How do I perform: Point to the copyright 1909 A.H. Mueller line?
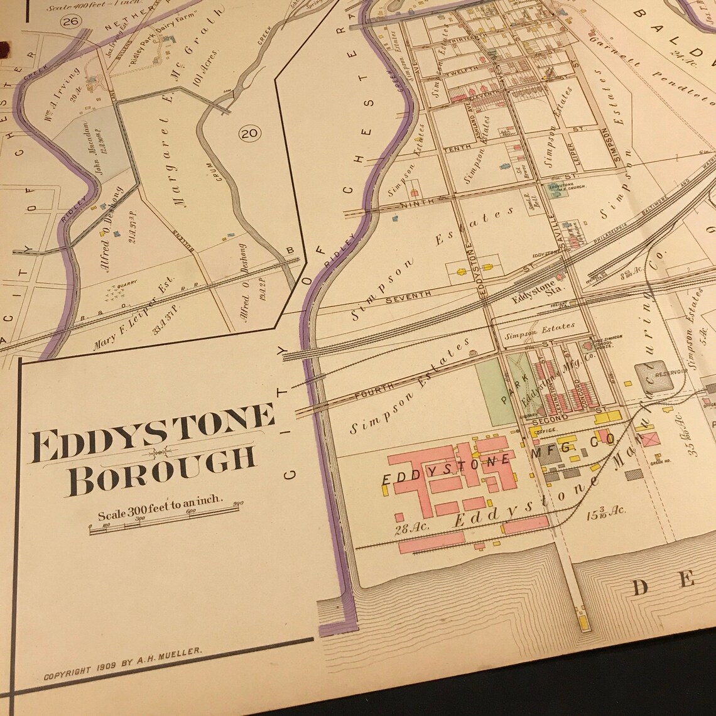click(x=122, y=664)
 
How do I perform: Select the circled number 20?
click(x=250, y=133)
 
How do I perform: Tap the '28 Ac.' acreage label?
click(x=412, y=526)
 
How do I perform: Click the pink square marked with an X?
click(x=649, y=438)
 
